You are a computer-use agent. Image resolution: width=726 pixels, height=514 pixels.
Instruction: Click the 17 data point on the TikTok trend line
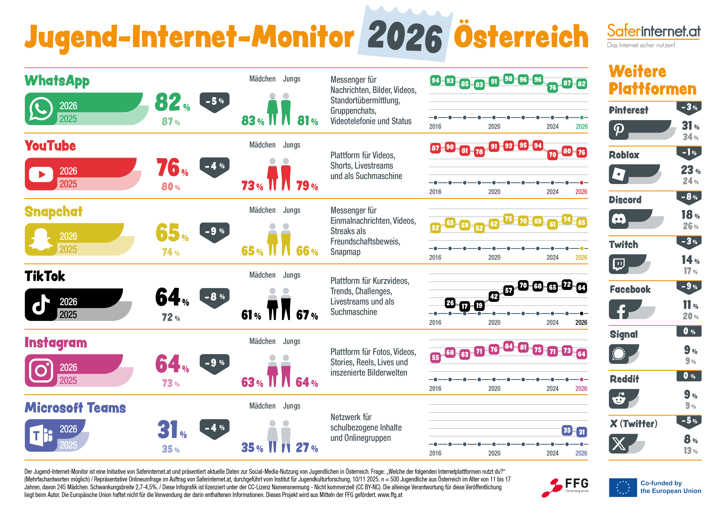point(464,306)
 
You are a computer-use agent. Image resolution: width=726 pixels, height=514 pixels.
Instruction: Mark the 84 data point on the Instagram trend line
point(508,346)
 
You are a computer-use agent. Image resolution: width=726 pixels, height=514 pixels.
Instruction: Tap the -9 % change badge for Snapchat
point(215,231)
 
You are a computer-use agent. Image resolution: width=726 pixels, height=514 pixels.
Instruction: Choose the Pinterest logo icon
point(619,130)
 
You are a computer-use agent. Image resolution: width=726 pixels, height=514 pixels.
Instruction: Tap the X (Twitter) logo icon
point(619,444)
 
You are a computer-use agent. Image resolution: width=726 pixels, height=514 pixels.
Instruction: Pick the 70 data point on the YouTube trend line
point(552,155)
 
